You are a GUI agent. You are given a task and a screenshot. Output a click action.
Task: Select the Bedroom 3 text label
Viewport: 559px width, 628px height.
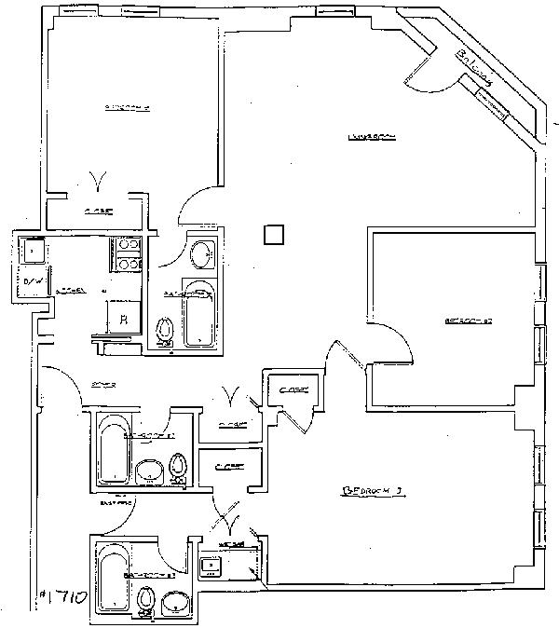(372, 488)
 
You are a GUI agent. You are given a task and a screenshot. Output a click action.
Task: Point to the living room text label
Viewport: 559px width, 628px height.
(373, 137)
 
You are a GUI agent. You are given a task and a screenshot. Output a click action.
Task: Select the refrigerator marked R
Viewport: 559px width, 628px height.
(123, 319)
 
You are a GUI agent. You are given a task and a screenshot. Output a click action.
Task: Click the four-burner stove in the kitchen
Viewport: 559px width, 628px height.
(126, 253)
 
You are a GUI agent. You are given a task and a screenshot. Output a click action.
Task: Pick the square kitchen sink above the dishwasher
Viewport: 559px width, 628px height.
(35, 250)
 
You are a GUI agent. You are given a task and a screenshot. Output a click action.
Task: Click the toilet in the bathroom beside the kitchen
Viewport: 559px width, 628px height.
(166, 330)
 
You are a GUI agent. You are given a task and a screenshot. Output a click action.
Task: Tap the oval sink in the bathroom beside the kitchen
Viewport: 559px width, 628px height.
(200, 253)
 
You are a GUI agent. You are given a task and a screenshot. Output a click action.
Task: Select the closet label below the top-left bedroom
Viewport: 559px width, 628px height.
(98, 212)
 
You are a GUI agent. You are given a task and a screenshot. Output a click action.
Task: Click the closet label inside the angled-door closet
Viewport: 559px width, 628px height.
(293, 390)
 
